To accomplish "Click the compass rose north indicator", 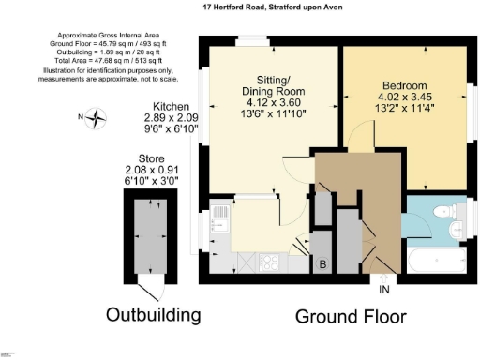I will pyautogui.click(x=97, y=117).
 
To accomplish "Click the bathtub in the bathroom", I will pyautogui.click(x=436, y=261).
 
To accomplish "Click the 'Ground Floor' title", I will pyautogui.click(x=352, y=317).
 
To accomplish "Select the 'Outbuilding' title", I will pyautogui.click(x=153, y=313).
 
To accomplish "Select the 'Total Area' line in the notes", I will pyautogui.click(x=82, y=59).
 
